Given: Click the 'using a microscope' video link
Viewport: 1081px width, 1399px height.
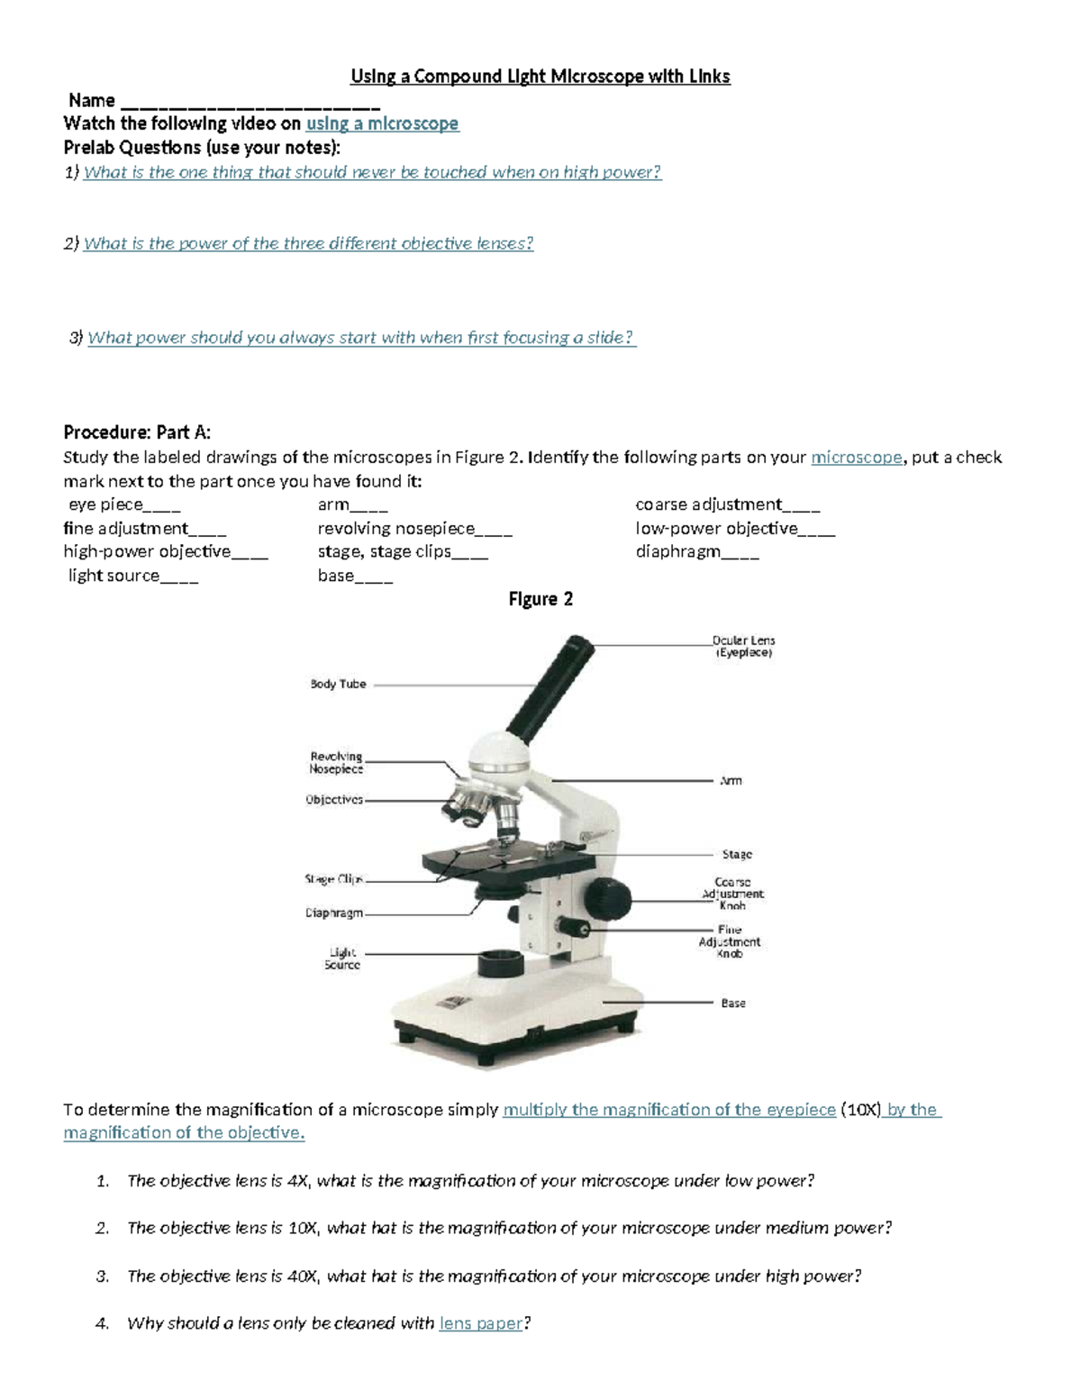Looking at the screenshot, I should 382,123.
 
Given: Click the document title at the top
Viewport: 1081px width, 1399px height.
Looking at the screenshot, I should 540,77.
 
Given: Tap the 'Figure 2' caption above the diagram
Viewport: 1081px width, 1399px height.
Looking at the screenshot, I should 540,599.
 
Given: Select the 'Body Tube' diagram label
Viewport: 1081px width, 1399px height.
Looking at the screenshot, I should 338,684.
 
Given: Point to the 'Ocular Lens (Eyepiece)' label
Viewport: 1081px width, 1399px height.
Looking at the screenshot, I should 743,646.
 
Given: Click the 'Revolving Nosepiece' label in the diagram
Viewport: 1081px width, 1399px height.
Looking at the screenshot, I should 336,763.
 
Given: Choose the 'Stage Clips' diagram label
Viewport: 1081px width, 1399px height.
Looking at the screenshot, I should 333,878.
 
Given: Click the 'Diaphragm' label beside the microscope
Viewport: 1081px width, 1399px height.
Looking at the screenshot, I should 334,913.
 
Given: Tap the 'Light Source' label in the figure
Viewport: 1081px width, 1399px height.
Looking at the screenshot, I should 342,958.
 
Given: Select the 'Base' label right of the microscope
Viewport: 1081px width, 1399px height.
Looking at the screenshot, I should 732,1003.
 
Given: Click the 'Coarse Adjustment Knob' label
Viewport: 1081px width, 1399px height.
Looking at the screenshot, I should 732,894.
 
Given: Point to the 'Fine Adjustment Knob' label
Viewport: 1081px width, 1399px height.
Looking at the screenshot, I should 730,941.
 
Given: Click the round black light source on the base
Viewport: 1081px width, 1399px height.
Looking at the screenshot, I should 500,963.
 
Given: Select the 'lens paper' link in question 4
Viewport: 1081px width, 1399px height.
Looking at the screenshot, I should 480,1323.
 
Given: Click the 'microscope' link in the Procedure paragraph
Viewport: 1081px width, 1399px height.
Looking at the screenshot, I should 856,458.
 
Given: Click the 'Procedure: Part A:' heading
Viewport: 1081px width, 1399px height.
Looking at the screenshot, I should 137,432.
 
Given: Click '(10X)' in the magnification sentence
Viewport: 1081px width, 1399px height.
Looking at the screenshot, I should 860,1110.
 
